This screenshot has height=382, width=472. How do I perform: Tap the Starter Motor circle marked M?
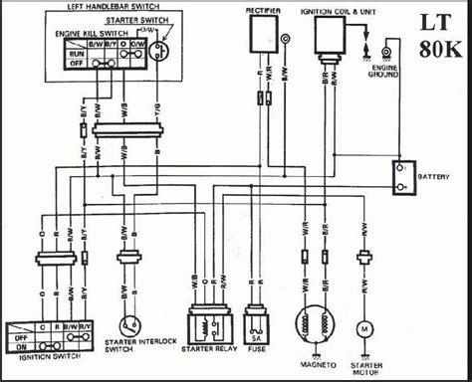click(363, 328)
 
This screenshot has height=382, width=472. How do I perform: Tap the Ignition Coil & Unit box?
click(332, 38)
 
